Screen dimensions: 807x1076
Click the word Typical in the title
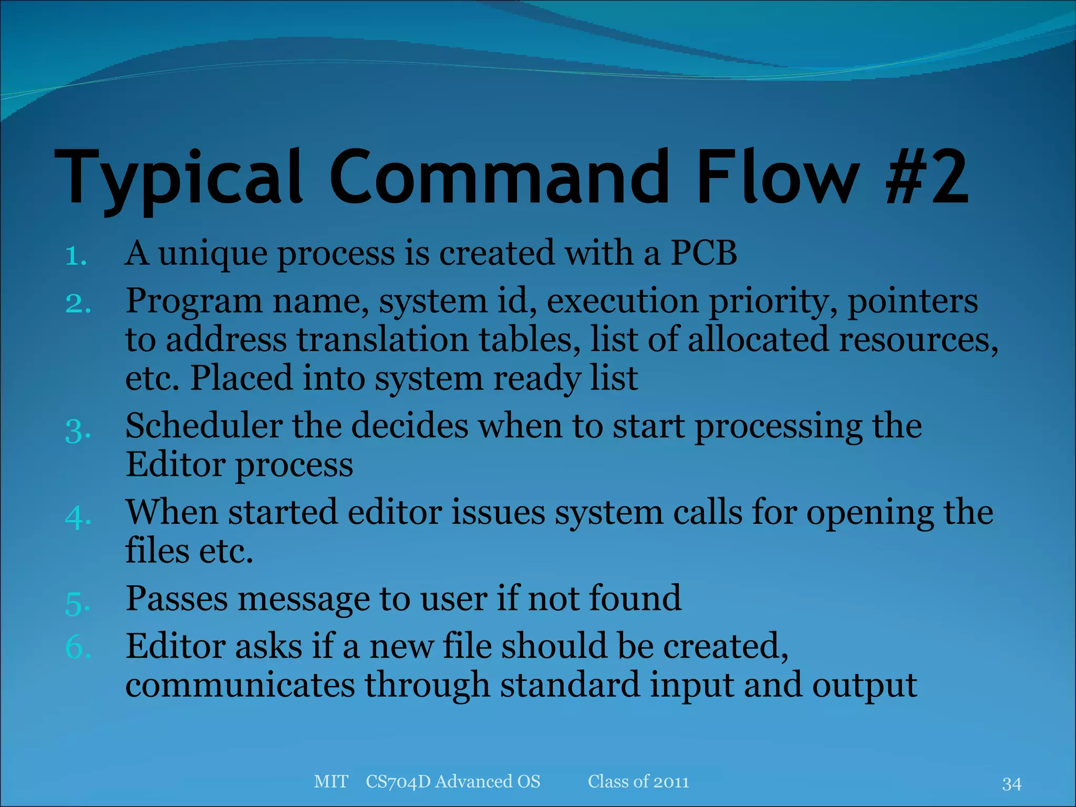[179, 179]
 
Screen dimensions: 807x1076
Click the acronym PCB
[704, 253]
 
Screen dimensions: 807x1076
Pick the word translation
[382, 340]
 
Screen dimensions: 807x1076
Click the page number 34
[1011, 784]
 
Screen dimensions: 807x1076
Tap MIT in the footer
[331, 782]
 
